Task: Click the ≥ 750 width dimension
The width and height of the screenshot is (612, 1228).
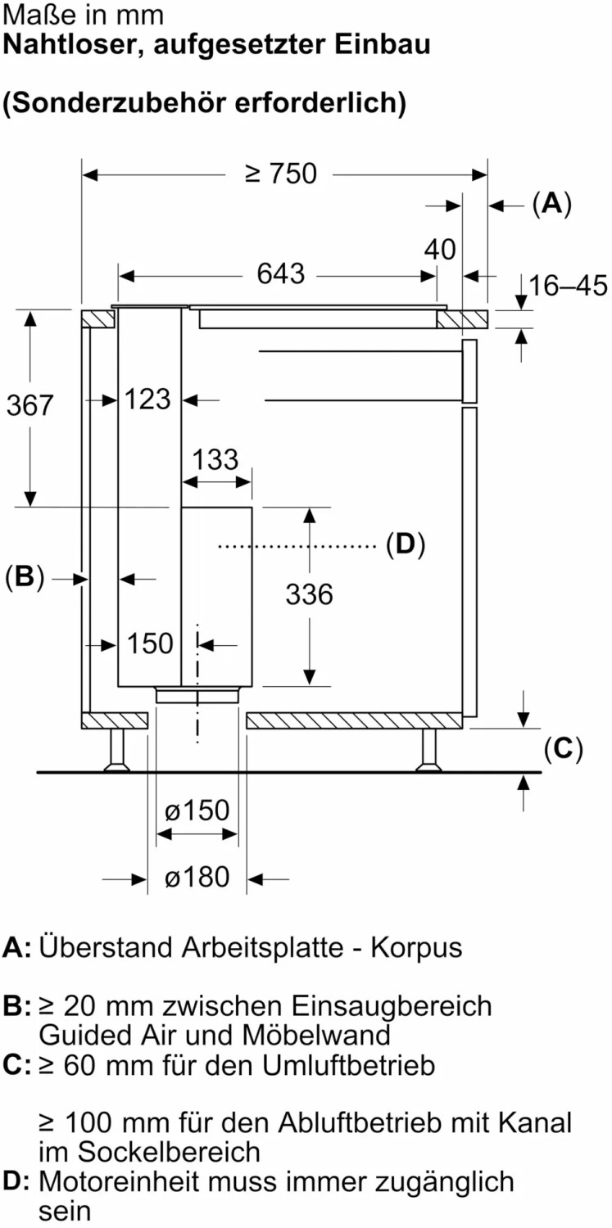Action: (x=281, y=174)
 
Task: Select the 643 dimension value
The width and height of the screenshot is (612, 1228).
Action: (x=280, y=273)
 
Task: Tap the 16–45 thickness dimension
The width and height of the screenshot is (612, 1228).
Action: (x=568, y=286)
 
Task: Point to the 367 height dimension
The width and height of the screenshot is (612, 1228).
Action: (x=29, y=405)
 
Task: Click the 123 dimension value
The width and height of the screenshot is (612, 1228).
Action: (x=148, y=399)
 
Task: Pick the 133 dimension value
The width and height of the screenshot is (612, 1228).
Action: (x=215, y=459)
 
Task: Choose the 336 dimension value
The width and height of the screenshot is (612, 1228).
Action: (x=309, y=594)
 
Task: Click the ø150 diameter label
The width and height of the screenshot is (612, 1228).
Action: (x=197, y=810)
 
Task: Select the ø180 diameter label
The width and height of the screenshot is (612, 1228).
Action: (x=197, y=877)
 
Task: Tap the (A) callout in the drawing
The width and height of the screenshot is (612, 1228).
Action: (x=552, y=204)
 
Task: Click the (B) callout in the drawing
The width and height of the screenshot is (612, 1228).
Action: (x=25, y=576)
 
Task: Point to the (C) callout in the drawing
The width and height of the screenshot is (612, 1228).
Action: (x=563, y=748)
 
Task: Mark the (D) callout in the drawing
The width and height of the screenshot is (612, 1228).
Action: (x=406, y=544)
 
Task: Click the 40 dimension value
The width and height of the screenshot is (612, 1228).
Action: (x=440, y=250)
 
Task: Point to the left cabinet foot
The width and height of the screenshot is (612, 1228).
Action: (x=117, y=750)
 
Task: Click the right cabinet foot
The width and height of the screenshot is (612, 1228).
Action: (x=428, y=750)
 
